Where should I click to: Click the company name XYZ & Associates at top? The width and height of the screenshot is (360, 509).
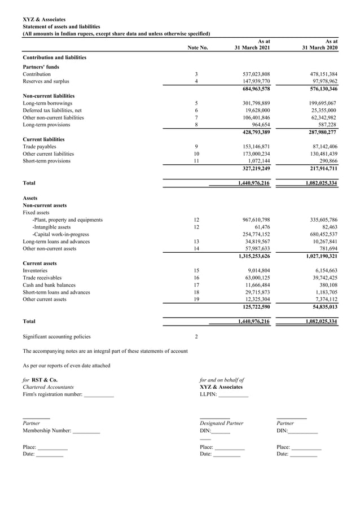tap(43, 20)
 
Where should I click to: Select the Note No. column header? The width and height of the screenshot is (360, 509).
tap(197, 48)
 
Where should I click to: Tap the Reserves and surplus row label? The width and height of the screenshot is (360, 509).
tap(46, 81)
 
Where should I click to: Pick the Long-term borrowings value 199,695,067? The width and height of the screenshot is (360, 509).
tap(318, 103)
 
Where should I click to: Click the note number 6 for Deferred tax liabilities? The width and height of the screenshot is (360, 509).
tap(196, 111)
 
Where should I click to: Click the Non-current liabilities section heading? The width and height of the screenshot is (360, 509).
tap(49, 96)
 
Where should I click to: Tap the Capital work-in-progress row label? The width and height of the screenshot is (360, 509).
tap(60, 234)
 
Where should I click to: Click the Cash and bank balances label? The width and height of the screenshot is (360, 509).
tap(49, 285)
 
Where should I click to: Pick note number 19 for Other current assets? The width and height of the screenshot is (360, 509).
tap(196, 300)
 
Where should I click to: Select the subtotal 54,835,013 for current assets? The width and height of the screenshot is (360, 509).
tap(319, 307)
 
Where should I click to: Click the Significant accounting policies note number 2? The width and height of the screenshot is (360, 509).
tap(196, 337)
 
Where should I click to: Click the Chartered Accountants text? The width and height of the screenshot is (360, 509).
tap(48, 387)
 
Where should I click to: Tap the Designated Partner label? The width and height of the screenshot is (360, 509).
tap(221, 423)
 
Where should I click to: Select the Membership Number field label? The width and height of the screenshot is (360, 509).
tap(47, 431)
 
